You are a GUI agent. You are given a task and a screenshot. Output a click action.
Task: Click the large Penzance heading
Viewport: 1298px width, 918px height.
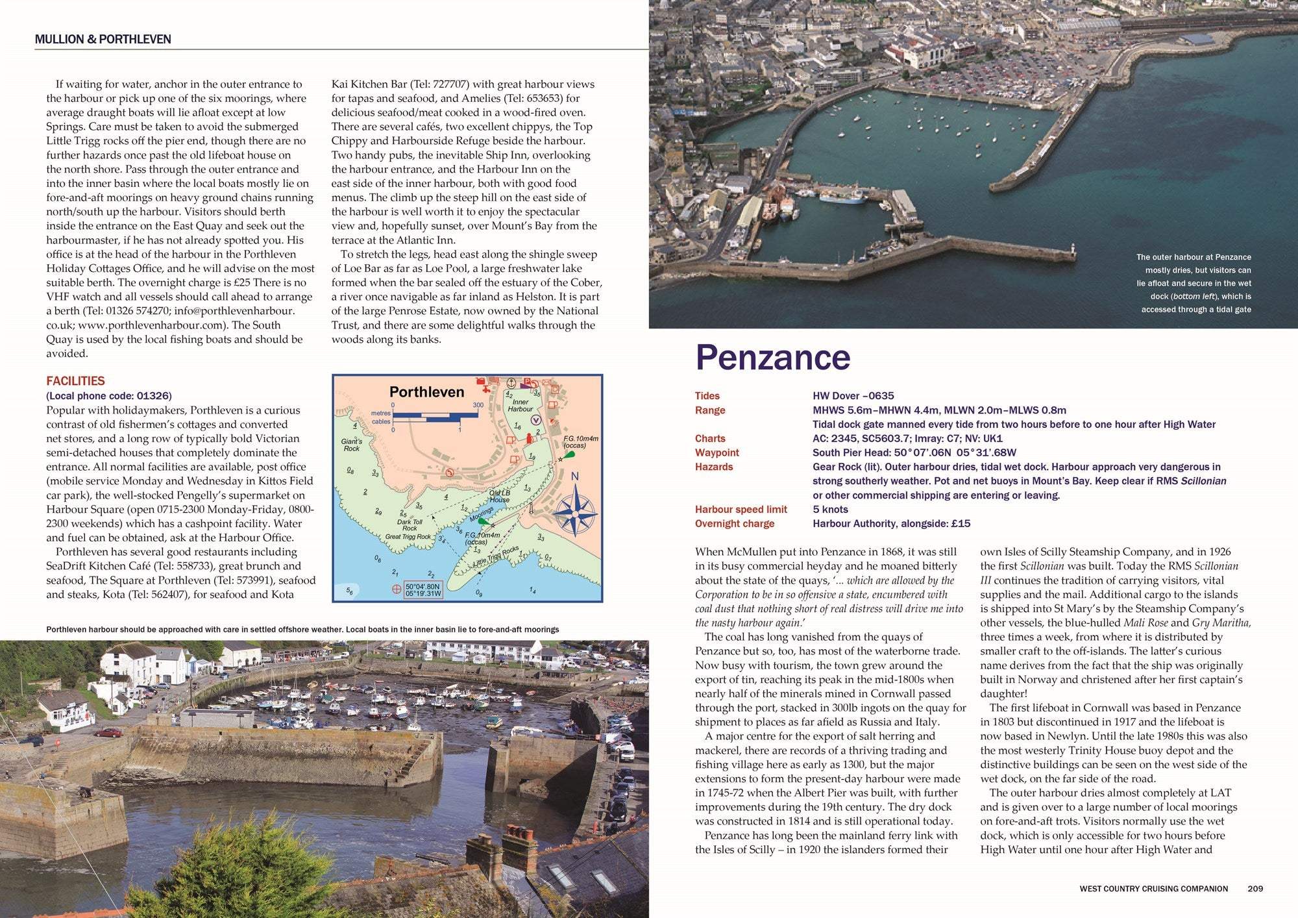(772, 358)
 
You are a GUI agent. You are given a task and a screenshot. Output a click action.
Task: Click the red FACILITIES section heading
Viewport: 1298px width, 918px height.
(75, 381)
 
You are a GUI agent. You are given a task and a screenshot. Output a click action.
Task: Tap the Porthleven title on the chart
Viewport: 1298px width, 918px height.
(426, 392)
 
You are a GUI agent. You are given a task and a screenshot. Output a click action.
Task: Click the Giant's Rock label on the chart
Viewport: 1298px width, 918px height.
(352, 445)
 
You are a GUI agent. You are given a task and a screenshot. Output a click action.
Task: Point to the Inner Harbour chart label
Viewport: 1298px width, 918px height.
(520, 405)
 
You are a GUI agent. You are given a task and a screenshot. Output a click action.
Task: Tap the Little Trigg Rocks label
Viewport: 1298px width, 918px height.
(496, 558)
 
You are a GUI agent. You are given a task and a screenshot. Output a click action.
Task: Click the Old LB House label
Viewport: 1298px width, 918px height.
(499, 496)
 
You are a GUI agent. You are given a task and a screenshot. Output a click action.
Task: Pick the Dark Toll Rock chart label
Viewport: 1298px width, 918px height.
(410, 525)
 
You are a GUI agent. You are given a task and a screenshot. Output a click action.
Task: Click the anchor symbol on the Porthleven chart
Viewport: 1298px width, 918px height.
(510, 383)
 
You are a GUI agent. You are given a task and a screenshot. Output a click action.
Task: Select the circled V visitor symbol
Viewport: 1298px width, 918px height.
(536, 419)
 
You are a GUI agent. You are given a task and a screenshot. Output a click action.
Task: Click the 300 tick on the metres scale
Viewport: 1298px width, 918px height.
(478, 405)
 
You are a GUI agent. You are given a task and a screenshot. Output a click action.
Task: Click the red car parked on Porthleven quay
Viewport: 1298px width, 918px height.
(108, 732)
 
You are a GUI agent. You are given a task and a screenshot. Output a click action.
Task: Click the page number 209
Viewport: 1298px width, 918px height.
(1255, 888)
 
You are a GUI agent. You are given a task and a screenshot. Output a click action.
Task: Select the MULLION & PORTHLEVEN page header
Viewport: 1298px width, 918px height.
(103, 39)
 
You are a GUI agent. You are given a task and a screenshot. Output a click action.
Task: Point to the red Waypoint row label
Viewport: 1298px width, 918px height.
(716, 453)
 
